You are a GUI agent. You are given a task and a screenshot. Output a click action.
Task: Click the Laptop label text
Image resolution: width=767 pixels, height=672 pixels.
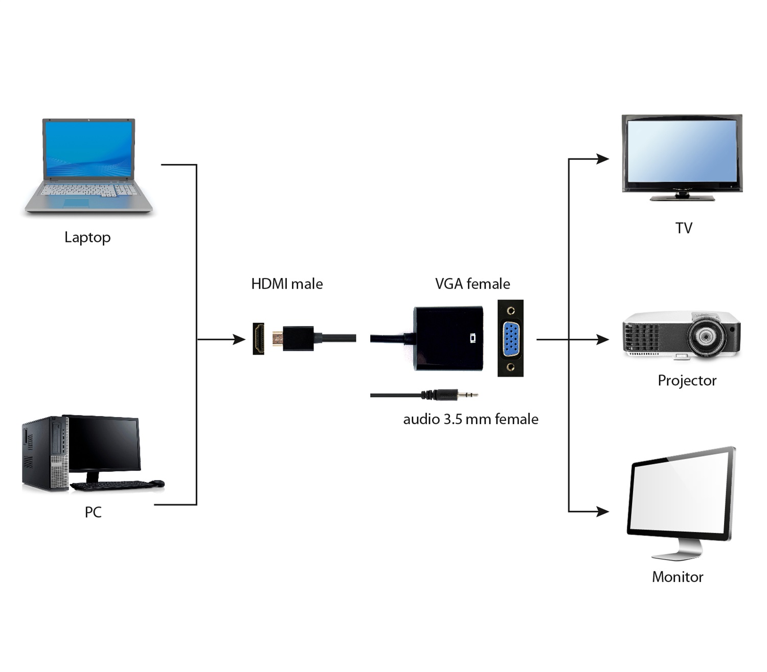click(87, 238)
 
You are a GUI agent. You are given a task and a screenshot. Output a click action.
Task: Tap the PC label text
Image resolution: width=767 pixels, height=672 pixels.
click(93, 512)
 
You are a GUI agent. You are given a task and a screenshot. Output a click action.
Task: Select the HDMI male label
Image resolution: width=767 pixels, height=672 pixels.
click(287, 284)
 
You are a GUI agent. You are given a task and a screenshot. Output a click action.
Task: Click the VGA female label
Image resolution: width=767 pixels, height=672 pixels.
click(472, 284)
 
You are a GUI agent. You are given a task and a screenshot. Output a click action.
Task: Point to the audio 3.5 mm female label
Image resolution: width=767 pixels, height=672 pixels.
click(470, 420)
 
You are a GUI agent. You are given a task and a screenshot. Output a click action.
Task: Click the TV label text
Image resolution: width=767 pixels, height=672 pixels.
click(684, 228)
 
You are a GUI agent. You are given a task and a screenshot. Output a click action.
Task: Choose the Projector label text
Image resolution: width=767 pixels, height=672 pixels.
click(687, 381)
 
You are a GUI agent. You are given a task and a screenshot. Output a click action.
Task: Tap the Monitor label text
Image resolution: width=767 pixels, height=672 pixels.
click(678, 577)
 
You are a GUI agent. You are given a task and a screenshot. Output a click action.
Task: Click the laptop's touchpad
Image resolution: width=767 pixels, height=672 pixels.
click(77, 203)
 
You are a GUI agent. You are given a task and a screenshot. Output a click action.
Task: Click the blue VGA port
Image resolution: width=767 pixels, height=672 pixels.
click(510, 338)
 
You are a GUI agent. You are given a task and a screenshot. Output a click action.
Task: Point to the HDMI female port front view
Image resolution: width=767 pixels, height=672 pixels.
click(259, 338)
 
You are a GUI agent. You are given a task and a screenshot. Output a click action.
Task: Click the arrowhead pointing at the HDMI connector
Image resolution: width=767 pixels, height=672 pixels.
click(239, 339)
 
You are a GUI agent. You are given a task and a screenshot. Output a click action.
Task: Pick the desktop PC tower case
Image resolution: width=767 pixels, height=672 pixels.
click(45, 454)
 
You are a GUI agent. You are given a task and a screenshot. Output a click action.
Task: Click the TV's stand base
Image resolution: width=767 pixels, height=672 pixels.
click(682, 198)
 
